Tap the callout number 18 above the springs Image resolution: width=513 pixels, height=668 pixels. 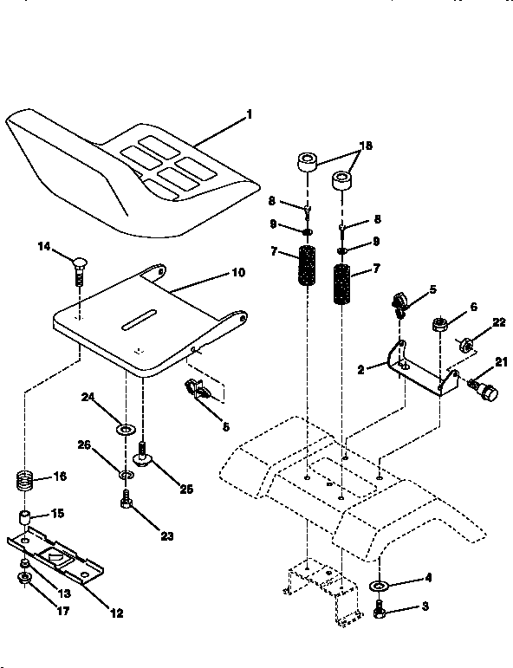pyautogui.click(x=366, y=146)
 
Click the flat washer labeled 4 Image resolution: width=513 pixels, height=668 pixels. pyautogui.click(x=379, y=587)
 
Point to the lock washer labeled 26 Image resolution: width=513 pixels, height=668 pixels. pyautogui.click(x=127, y=475)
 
